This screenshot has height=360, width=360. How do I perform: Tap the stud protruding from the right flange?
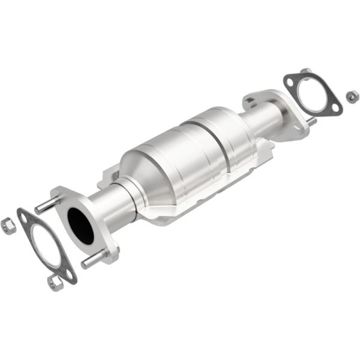[x=311, y=122]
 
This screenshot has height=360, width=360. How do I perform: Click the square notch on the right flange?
[x=250, y=101]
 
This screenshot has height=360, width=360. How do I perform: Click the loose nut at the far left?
[x=8, y=226]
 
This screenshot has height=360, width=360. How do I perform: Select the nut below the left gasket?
[x=55, y=283]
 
